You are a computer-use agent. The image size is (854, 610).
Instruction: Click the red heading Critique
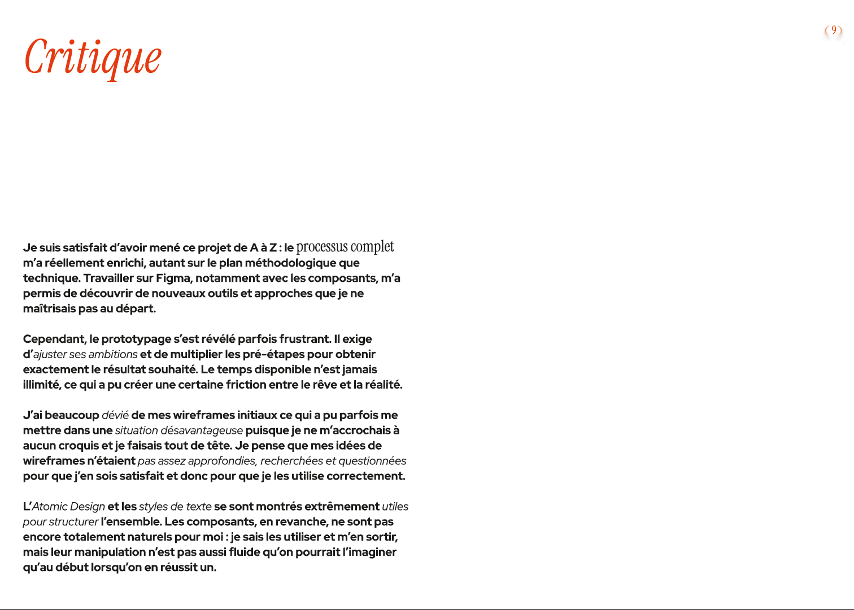tap(93, 58)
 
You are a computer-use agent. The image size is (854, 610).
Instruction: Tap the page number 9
tap(834, 30)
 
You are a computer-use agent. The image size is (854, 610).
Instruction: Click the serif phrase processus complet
tap(345, 247)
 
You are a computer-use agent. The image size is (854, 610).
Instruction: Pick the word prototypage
tap(136, 339)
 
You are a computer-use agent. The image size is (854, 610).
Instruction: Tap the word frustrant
tap(305, 339)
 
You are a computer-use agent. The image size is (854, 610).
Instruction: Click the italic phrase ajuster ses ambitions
tap(85, 355)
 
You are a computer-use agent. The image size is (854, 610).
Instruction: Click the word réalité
tap(385, 385)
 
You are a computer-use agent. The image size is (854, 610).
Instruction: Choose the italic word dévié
tap(115, 416)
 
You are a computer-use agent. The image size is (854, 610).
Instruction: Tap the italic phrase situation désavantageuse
tap(178, 431)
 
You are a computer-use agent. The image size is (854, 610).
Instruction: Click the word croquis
tap(79, 446)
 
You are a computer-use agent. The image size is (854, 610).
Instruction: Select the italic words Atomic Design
tap(68, 507)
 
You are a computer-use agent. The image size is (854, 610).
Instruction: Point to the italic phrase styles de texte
tap(175, 507)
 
